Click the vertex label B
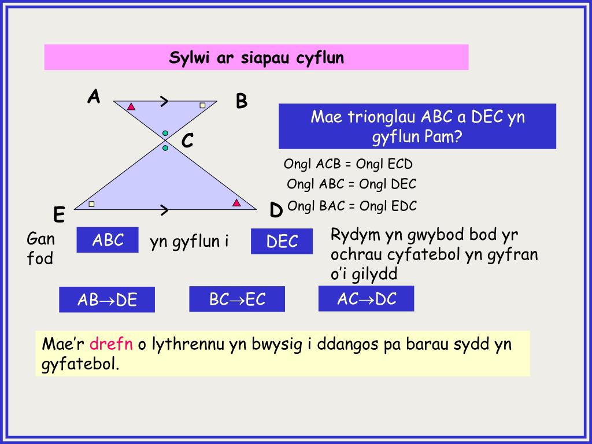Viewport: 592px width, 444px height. click(x=242, y=102)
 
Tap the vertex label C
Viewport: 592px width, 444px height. click(x=187, y=140)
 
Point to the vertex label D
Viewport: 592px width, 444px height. click(x=276, y=210)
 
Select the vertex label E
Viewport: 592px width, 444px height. click(x=59, y=215)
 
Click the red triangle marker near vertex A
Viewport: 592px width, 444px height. click(x=131, y=106)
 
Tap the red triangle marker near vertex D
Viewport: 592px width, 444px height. click(x=236, y=202)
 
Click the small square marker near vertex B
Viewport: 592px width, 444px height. click(x=202, y=105)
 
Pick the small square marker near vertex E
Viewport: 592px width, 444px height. click(x=91, y=203)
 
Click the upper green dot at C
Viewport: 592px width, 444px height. click(x=165, y=134)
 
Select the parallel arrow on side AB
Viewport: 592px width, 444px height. click(x=164, y=102)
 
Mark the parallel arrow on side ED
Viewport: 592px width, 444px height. click(x=164, y=210)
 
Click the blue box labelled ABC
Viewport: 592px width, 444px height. click(x=108, y=240)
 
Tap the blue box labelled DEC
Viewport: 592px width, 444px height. click(x=282, y=241)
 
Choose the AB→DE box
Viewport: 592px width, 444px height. click(x=107, y=299)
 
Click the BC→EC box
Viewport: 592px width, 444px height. click(x=237, y=299)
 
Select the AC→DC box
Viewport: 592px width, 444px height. click(x=366, y=298)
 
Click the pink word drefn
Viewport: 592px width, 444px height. click(x=112, y=345)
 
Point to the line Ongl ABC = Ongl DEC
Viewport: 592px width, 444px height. click(x=351, y=184)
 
